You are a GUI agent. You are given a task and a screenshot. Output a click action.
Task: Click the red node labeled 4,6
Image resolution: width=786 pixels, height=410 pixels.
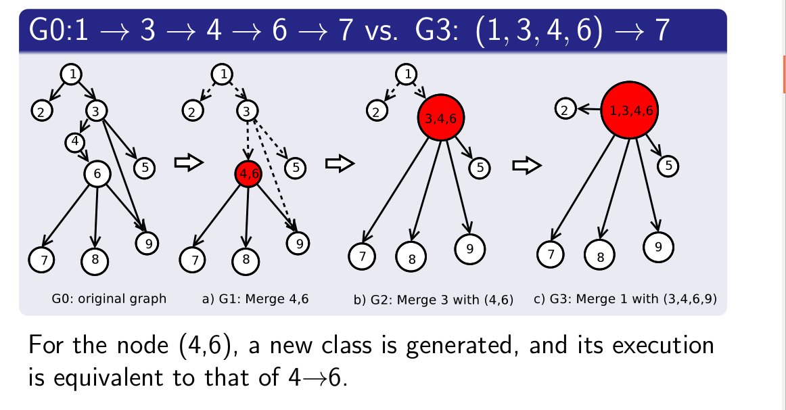click(x=248, y=174)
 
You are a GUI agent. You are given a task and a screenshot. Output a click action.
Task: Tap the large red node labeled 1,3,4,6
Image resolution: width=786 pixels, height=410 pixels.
click(x=630, y=110)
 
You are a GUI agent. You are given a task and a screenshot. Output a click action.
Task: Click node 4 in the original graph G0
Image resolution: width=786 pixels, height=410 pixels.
click(x=75, y=142)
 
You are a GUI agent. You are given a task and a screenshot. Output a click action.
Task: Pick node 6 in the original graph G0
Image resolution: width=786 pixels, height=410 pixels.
click(x=97, y=174)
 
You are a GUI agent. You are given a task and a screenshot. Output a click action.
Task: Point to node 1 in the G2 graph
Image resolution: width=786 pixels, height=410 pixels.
click(x=407, y=74)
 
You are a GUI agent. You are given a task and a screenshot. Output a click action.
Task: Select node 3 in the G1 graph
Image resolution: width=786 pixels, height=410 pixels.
click(x=248, y=111)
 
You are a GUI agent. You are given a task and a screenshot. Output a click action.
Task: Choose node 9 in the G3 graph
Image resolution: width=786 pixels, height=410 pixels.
click(x=657, y=247)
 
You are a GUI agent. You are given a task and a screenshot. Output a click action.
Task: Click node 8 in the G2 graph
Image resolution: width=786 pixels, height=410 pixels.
click(x=411, y=256)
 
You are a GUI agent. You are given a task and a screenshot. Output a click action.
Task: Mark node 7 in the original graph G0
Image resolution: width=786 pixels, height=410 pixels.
click(x=42, y=258)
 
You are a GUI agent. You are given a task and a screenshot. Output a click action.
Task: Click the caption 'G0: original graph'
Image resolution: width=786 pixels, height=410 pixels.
click(x=109, y=298)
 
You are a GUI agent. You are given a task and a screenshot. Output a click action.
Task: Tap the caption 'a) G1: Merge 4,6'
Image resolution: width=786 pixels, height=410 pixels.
click(x=256, y=298)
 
